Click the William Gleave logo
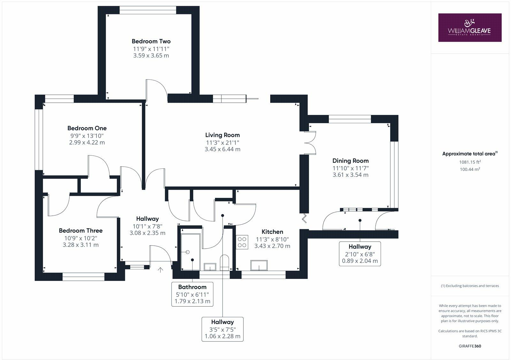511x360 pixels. [469, 27]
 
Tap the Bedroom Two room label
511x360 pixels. [151, 41]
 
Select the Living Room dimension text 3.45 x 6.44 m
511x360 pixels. [222, 149]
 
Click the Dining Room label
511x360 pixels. [350, 161]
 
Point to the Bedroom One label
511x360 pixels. [87, 128]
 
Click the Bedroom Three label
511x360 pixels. [80, 230]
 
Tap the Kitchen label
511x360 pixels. [272, 232]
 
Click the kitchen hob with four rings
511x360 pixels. [242, 242]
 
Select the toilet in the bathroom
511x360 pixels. [225, 262]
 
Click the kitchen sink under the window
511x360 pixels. [259, 265]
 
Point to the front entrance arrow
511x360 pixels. [160, 270]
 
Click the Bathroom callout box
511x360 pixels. [192, 294]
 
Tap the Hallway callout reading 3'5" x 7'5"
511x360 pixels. [222, 329]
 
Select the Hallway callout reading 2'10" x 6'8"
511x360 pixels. [360, 254]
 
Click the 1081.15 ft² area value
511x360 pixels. [470, 162]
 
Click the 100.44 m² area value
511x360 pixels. [470, 169]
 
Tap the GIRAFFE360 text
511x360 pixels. [470, 346]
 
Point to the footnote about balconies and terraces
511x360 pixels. [470, 286]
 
